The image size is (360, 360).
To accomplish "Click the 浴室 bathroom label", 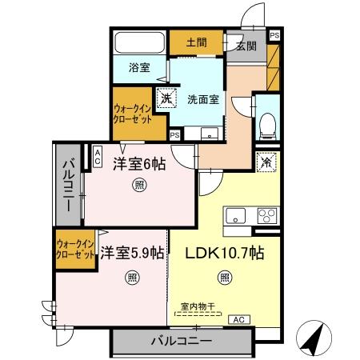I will [139, 68].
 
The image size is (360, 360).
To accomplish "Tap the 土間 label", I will [197, 41].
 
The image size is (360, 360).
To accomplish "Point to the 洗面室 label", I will [204, 101].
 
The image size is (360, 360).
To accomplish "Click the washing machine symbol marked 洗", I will [165, 99].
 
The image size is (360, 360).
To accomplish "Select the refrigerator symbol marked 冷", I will [266, 160].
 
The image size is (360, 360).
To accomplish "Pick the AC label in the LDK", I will [238, 319].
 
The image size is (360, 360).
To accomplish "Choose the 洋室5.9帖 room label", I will [133, 252].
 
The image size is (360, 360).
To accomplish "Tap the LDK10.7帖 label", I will [225, 252].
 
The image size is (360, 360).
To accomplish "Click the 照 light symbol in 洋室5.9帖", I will [130, 279].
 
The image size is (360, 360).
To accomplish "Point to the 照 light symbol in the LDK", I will [225, 279].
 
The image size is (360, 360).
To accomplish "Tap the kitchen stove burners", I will [266, 214].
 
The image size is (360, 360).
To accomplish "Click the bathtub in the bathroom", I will [138, 42].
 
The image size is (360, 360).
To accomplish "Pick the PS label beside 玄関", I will [274, 36].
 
